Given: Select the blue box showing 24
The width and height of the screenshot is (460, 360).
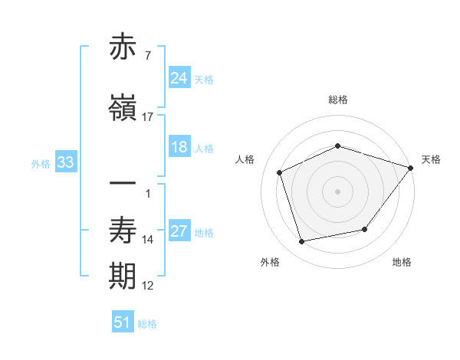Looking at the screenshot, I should [179, 77].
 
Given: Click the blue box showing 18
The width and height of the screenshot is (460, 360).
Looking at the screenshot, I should [179, 147].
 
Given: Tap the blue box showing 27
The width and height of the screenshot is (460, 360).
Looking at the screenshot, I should [179, 231].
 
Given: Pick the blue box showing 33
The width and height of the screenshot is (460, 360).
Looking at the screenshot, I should [64, 162].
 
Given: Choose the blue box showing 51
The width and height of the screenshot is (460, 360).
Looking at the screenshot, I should [123, 322].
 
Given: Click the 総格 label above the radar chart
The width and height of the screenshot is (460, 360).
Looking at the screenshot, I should [338, 100].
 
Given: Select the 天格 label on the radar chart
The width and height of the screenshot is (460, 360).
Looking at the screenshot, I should [431, 159].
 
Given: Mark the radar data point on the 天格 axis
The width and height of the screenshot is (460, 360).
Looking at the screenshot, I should [410, 168].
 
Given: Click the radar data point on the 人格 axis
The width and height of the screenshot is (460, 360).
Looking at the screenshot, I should [280, 172].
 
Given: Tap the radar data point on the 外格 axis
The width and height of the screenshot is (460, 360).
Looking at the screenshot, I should [302, 241].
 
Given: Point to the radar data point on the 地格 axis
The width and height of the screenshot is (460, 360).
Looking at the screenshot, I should [365, 229].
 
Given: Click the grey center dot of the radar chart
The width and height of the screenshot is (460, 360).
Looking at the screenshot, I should [338, 191].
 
